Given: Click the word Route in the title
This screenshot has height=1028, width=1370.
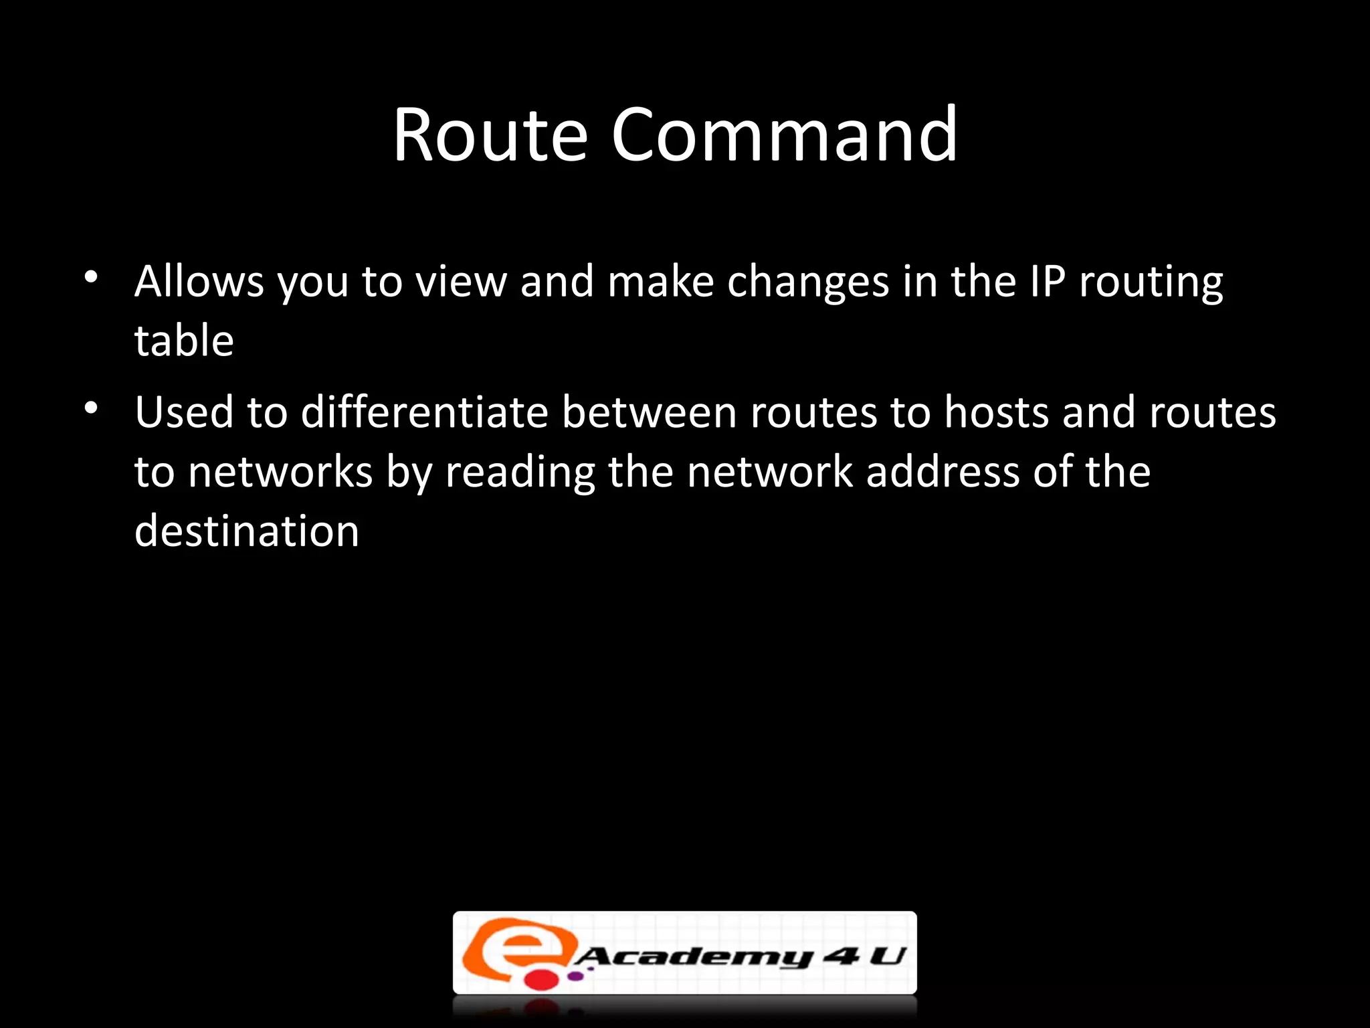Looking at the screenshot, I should point(490,136).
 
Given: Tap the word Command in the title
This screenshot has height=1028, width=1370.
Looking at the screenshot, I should point(784,136).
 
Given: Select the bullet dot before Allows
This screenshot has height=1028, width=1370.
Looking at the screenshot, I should point(92,276).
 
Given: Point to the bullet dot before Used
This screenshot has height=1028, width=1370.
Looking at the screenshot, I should point(92,407).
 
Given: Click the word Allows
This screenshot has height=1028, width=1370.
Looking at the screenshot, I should point(199,281).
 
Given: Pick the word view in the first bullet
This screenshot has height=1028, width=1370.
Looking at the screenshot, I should point(461,281).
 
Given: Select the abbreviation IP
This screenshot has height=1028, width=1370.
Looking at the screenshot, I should point(1048,281).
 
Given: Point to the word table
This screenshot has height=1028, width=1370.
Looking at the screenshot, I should point(184,341).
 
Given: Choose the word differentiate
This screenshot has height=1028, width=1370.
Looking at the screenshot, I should point(425,412).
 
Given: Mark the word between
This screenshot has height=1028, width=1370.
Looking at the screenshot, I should point(649,412).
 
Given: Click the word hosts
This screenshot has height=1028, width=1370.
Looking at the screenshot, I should point(997,412).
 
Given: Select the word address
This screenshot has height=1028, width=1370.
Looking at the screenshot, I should point(943,471).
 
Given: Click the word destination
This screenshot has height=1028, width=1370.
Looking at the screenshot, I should point(247,531).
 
